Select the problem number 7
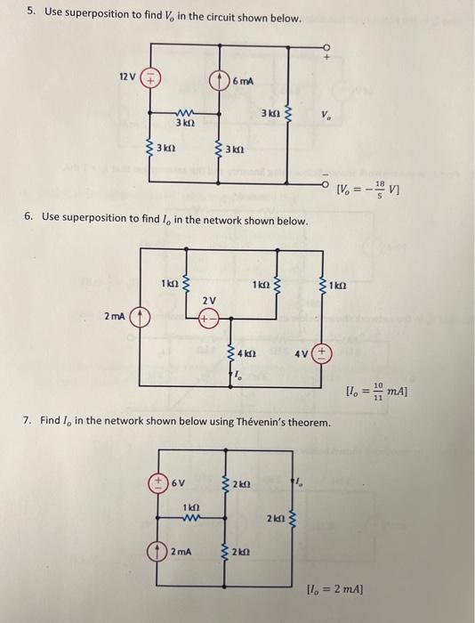coord(29,419)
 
